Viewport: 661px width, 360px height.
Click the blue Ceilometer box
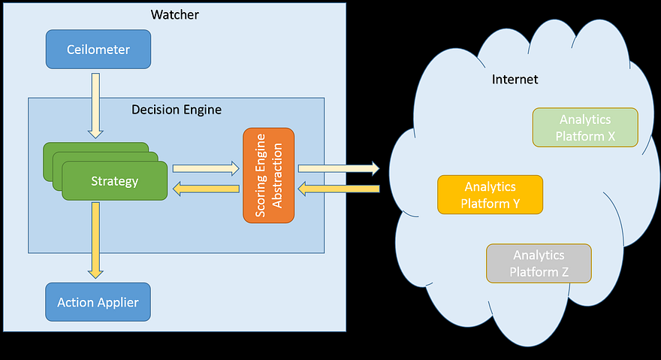coord(98,50)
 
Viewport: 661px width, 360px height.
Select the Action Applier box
coord(98,303)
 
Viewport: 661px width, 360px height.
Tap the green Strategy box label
coord(114,181)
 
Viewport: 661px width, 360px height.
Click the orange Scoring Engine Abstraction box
coord(268,175)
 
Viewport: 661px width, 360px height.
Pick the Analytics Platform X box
coord(584,128)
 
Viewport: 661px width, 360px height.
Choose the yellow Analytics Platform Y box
coord(490,195)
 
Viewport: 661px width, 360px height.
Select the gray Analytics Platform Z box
coord(539,263)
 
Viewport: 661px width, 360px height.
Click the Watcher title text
coord(174,14)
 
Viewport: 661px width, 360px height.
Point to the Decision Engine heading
coord(177,110)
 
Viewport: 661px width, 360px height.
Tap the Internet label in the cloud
coord(515,79)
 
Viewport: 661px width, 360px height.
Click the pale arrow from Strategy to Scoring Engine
coord(205,169)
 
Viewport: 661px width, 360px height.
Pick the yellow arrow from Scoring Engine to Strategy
coord(205,189)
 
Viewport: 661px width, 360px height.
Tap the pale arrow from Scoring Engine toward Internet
coord(338,169)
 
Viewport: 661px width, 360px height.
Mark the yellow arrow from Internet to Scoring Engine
coord(338,189)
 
